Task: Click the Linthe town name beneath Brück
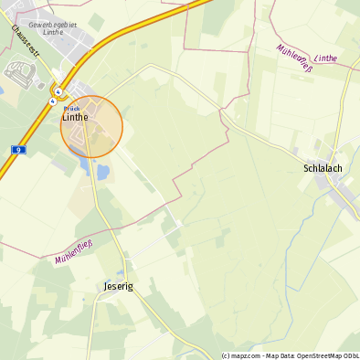coord(75,117)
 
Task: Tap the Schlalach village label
coord(322,168)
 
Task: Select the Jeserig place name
coord(113,286)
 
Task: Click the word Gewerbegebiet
coord(51,25)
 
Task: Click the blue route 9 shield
coord(18,149)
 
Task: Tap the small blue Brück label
coord(72,108)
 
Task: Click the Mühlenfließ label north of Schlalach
coord(300,56)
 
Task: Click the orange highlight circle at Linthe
coord(91,127)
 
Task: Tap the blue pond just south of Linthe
coord(102,171)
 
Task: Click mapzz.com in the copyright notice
coord(242,355)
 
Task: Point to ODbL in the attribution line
coord(349,355)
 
